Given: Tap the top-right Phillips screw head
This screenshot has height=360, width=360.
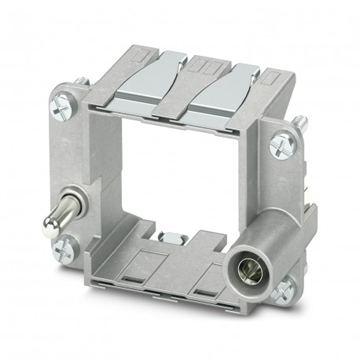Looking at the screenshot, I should [281, 145].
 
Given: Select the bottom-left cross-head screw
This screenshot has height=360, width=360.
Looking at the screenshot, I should [63, 251].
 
